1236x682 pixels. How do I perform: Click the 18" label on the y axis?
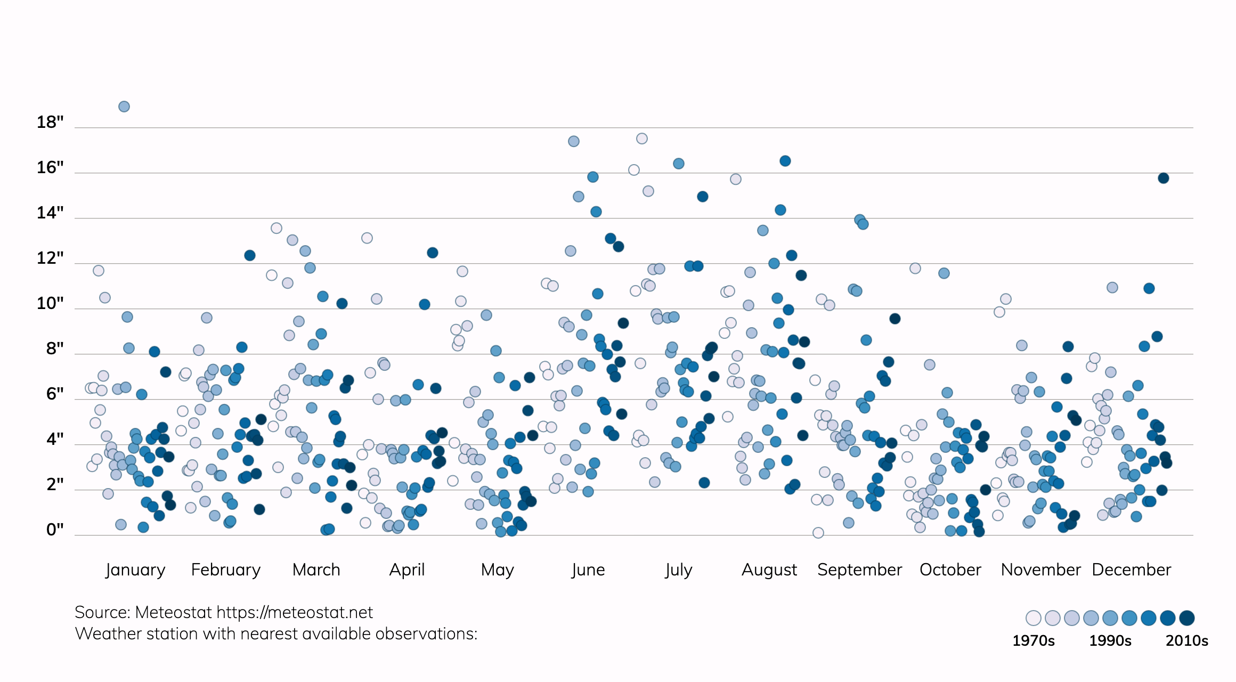[x=50, y=122]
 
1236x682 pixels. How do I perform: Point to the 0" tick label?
[x=55, y=530]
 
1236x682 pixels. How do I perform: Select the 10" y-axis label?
[x=50, y=303]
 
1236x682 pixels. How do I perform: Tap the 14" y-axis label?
[x=50, y=213]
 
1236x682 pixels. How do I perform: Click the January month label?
[x=135, y=570]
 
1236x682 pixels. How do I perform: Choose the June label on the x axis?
[x=588, y=570]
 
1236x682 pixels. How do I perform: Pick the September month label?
[x=859, y=570]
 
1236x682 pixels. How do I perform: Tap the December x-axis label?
[x=1131, y=570]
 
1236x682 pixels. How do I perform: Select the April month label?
[x=407, y=570]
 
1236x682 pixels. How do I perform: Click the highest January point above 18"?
[x=124, y=107]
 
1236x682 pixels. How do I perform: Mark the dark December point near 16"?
[x=1164, y=178]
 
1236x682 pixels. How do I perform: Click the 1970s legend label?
[x=1033, y=640]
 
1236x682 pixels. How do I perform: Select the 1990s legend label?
[x=1110, y=640]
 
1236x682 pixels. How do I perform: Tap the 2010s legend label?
[x=1186, y=640]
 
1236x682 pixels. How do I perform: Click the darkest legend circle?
[x=1186, y=618]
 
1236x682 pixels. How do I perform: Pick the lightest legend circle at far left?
[x=1033, y=618]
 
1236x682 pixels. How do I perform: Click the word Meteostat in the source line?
[x=173, y=612]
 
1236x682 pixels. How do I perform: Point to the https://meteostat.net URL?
[x=295, y=612]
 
